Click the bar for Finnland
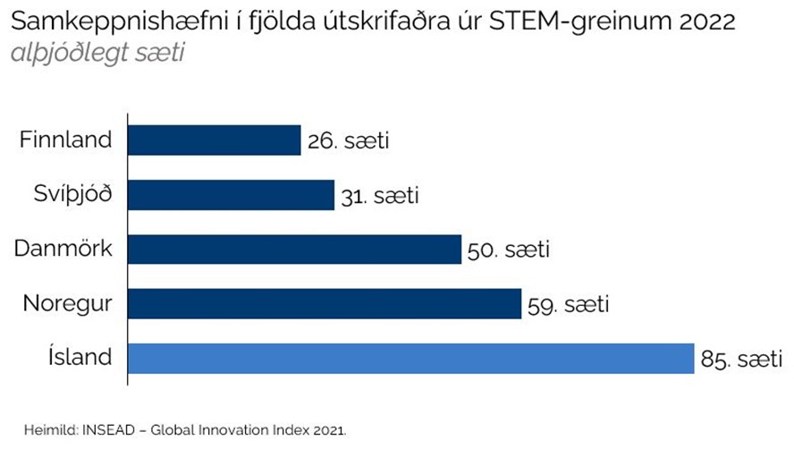(215, 140)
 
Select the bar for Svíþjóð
(232, 195)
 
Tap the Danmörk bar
(295, 250)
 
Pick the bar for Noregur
(325, 304)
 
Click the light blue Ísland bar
(411, 359)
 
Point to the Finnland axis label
(67, 140)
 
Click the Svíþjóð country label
(75, 194)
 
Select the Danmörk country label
(63, 249)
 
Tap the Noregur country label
(68, 304)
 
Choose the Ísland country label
(80, 358)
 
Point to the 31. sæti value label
(379, 196)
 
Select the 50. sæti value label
(508, 250)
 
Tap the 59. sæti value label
(568, 305)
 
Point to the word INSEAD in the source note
(82, 430)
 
